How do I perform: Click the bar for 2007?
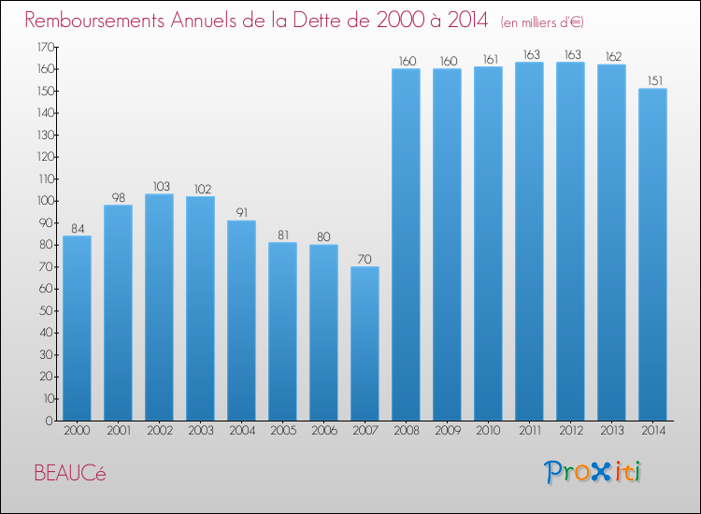[x=365, y=343]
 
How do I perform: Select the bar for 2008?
[x=406, y=245]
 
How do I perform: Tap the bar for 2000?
[x=77, y=328]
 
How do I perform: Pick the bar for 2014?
[x=652, y=254]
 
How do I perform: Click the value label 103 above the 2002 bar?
[x=162, y=186]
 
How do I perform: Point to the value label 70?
[x=365, y=259]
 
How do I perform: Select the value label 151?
[x=655, y=81]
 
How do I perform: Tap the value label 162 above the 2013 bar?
[x=613, y=57]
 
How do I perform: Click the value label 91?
[x=242, y=213]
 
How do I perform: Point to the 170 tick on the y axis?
[x=45, y=47]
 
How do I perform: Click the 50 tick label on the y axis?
[x=47, y=310]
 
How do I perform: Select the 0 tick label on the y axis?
[x=50, y=421]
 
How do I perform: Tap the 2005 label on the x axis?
[x=283, y=431]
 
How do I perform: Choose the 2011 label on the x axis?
[x=530, y=431]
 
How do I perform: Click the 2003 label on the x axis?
[x=201, y=431]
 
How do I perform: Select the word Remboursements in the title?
[x=94, y=21]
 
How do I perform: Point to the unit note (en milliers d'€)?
[x=542, y=22]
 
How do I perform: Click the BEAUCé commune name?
[x=70, y=473]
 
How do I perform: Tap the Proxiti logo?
[x=593, y=472]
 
